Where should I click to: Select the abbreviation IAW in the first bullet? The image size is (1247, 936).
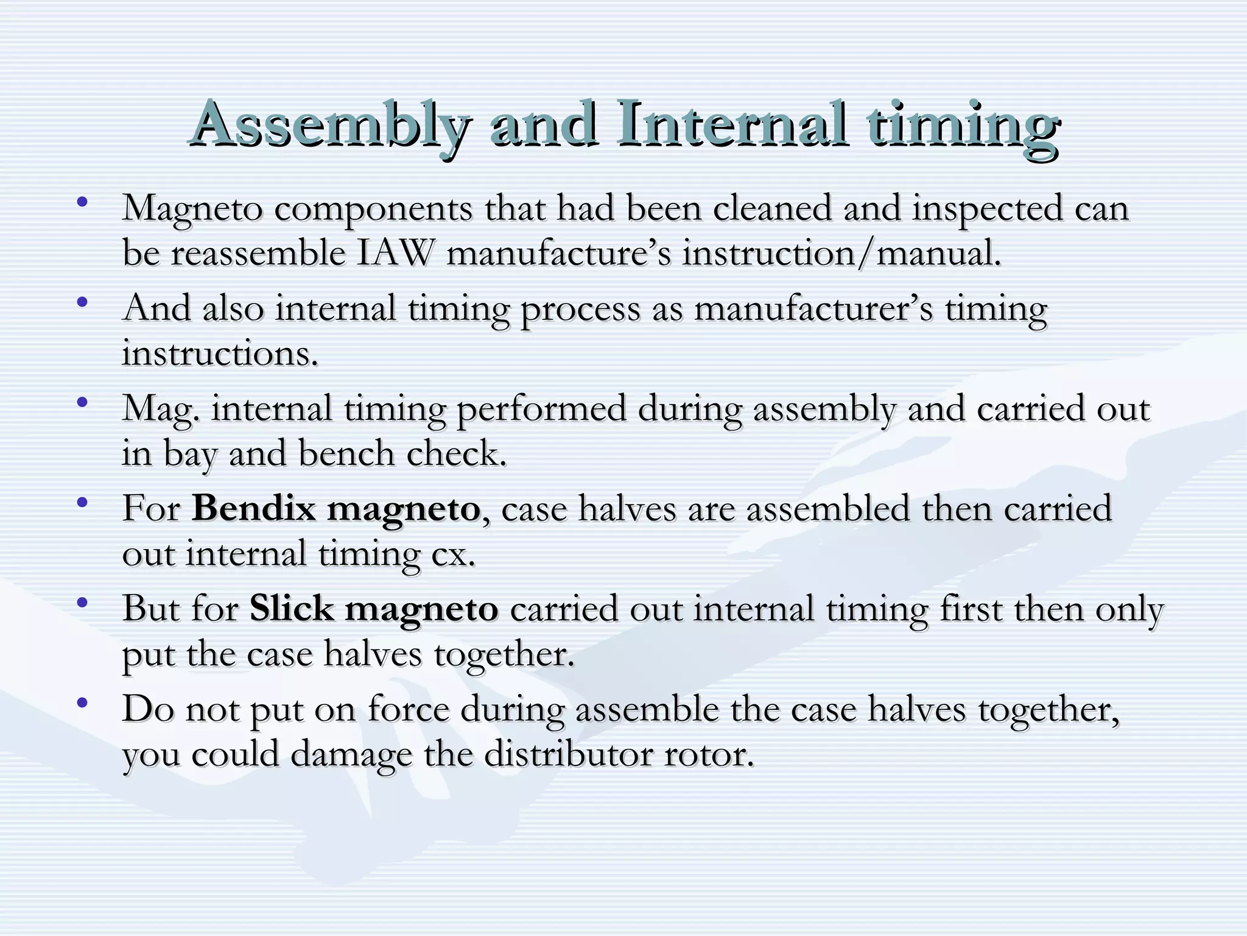point(395,252)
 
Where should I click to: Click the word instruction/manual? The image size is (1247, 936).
point(841,252)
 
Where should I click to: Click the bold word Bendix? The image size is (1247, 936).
point(253,508)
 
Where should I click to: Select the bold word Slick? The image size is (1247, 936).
point(291,608)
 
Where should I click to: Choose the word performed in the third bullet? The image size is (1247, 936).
point(541,408)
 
